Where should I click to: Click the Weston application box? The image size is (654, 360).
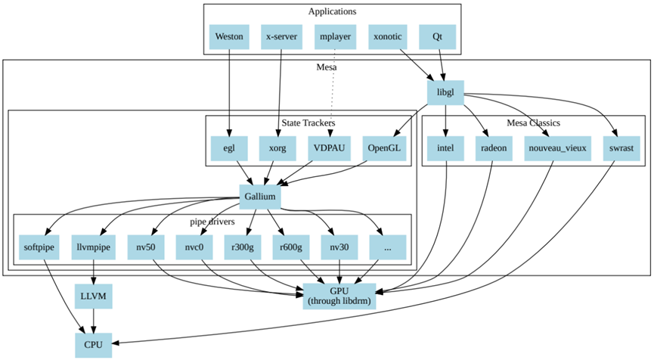[228, 37]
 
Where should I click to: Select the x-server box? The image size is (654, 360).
[281, 37]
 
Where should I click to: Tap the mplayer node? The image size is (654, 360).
[333, 37]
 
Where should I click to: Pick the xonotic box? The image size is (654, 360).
[388, 37]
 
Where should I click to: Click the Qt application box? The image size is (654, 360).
[437, 37]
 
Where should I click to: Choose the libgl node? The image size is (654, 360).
[445, 94]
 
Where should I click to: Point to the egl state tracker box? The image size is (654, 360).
[228, 148]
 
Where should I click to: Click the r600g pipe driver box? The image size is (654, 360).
[290, 247]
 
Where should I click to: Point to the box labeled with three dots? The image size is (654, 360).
[388, 247]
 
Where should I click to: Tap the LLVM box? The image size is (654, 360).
[93, 296]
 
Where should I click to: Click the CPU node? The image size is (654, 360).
[93, 345]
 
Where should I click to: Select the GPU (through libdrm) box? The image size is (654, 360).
[339, 296]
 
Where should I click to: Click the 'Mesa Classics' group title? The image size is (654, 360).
[533, 123]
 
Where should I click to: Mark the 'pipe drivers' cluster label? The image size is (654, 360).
[212, 222]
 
